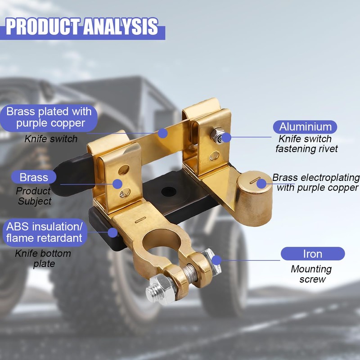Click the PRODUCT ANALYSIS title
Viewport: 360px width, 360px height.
point(82,27)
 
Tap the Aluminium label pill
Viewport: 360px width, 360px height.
point(305,127)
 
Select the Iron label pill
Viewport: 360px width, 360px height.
point(313,254)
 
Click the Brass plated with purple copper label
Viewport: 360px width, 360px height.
point(49,117)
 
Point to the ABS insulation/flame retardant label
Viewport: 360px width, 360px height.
point(45,232)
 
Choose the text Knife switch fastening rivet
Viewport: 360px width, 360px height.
point(306,144)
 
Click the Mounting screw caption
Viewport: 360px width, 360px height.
point(311,274)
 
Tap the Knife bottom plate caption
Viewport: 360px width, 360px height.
point(43,258)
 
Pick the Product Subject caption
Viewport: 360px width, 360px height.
point(34,196)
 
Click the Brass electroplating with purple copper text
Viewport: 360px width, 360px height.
point(316,183)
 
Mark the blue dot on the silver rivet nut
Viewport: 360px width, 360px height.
point(226,138)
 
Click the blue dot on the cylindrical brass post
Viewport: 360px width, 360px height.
point(261,184)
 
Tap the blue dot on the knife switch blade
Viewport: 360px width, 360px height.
point(162,133)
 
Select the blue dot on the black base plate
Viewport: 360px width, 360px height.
point(113,233)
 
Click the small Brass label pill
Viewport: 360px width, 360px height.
point(34,177)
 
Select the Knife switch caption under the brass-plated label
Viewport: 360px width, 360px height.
point(51,139)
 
